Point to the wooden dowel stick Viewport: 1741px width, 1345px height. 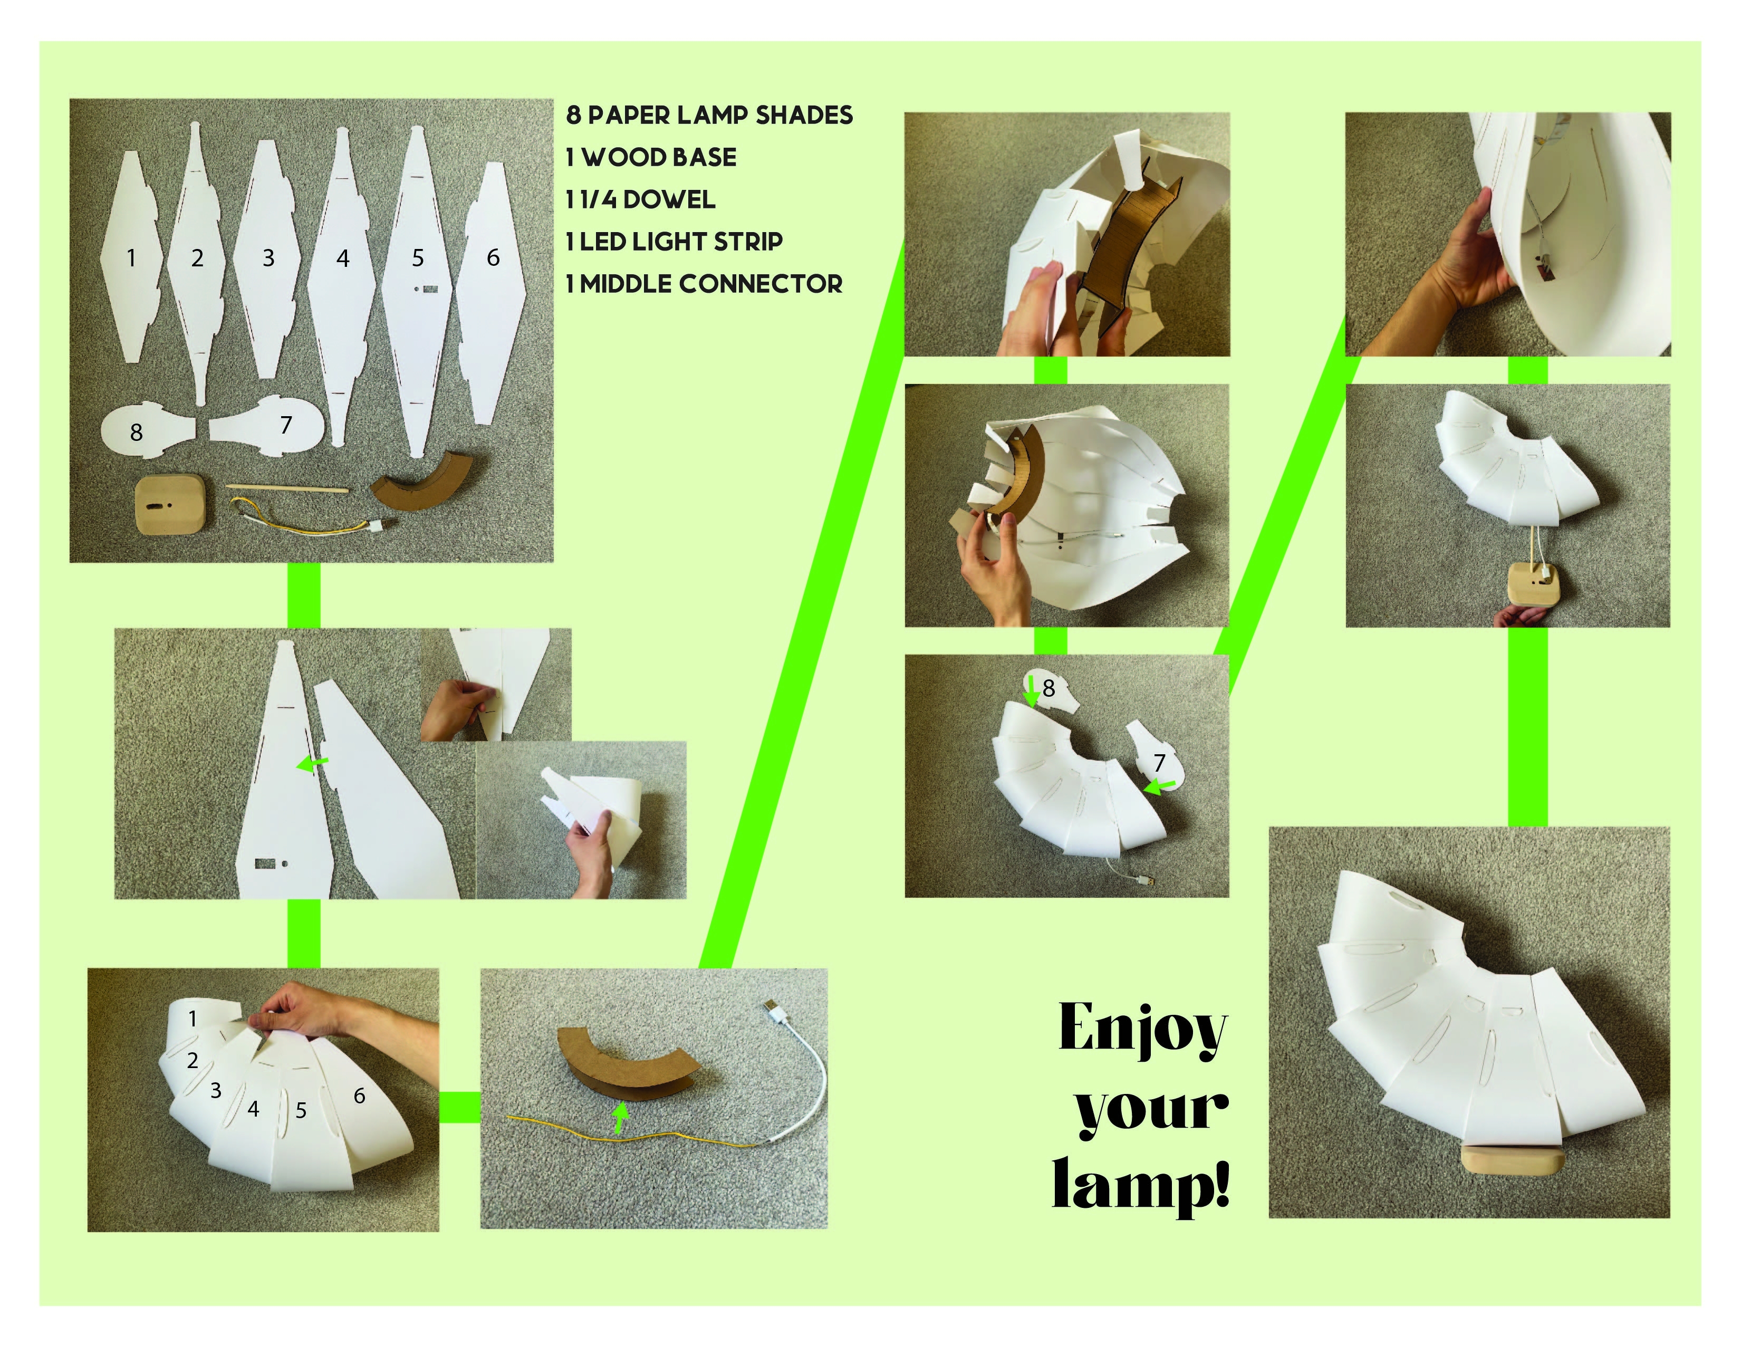(287, 489)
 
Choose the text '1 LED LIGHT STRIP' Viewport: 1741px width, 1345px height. (675, 242)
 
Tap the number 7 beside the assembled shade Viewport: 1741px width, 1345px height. (1159, 763)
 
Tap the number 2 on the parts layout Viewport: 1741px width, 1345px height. (197, 257)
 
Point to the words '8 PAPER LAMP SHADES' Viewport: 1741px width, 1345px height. (709, 115)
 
